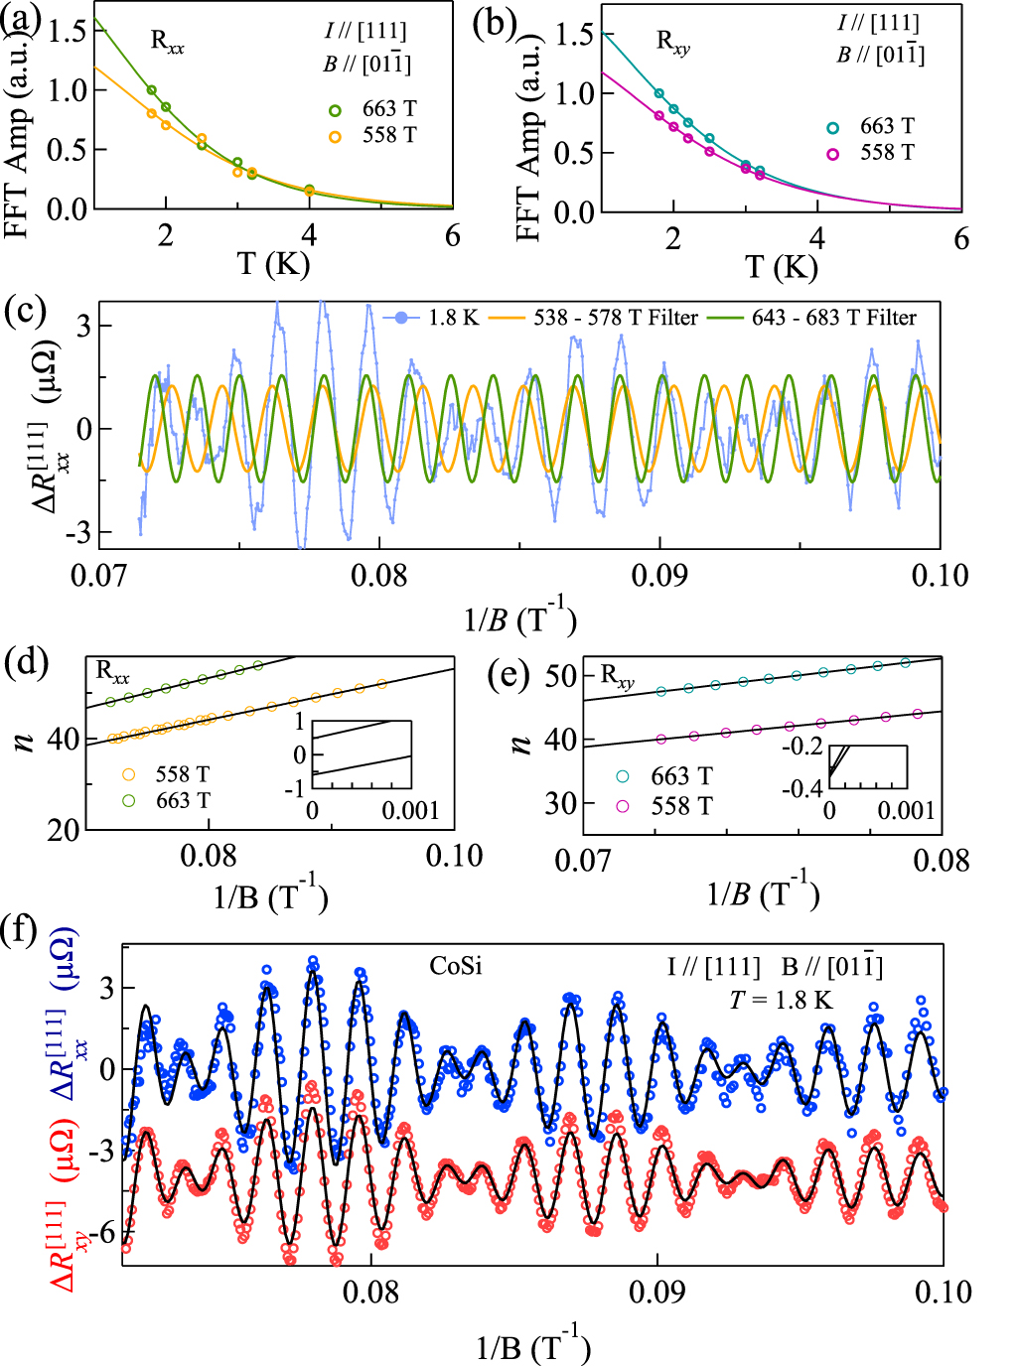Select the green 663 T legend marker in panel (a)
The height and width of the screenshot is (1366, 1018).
coord(336,110)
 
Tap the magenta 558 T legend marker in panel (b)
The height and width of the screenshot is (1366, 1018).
coord(833,154)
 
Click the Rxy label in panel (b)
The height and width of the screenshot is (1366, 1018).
coord(672,43)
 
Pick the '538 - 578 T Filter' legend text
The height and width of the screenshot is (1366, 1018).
coord(616,318)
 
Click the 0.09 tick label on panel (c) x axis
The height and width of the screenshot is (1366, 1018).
coord(659,576)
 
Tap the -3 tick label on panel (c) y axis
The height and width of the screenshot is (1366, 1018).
coord(75,533)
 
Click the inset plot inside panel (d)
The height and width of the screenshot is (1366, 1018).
coord(362,755)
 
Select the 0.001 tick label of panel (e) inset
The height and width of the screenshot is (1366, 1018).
coord(906,810)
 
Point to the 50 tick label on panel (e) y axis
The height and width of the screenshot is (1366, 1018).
coord(561,676)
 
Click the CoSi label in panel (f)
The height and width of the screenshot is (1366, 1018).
coord(456,965)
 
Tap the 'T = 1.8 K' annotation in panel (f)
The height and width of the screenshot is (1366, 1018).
coord(781,1000)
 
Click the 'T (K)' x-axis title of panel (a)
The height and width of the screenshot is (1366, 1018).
coord(274,264)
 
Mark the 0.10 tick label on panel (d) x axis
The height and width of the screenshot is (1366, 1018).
coord(454,857)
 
